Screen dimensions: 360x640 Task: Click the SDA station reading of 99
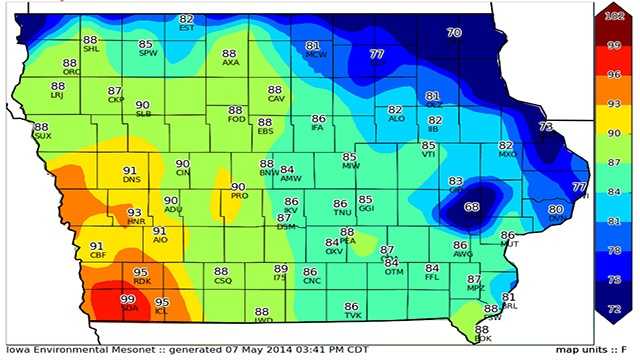click(x=128, y=299)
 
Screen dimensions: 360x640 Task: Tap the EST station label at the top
click(x=187, y=28)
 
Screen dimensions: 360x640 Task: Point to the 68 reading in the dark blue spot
click(x=472, y=206)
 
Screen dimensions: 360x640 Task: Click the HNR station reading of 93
click(x=135, y=213)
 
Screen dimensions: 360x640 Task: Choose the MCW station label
click(x=315, y=55)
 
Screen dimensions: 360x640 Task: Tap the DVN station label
click(x=556, y=217)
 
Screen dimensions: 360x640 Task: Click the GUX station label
click(x=42, y=136)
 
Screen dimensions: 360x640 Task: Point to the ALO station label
click(x=396, y=118)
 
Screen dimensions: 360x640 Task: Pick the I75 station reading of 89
click(x=281, y=269)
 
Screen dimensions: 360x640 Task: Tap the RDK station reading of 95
click(x=141, y=272)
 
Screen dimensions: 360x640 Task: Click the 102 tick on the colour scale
click(x=616, y=16)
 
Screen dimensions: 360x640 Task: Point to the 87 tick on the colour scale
click(x=615, y=160)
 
